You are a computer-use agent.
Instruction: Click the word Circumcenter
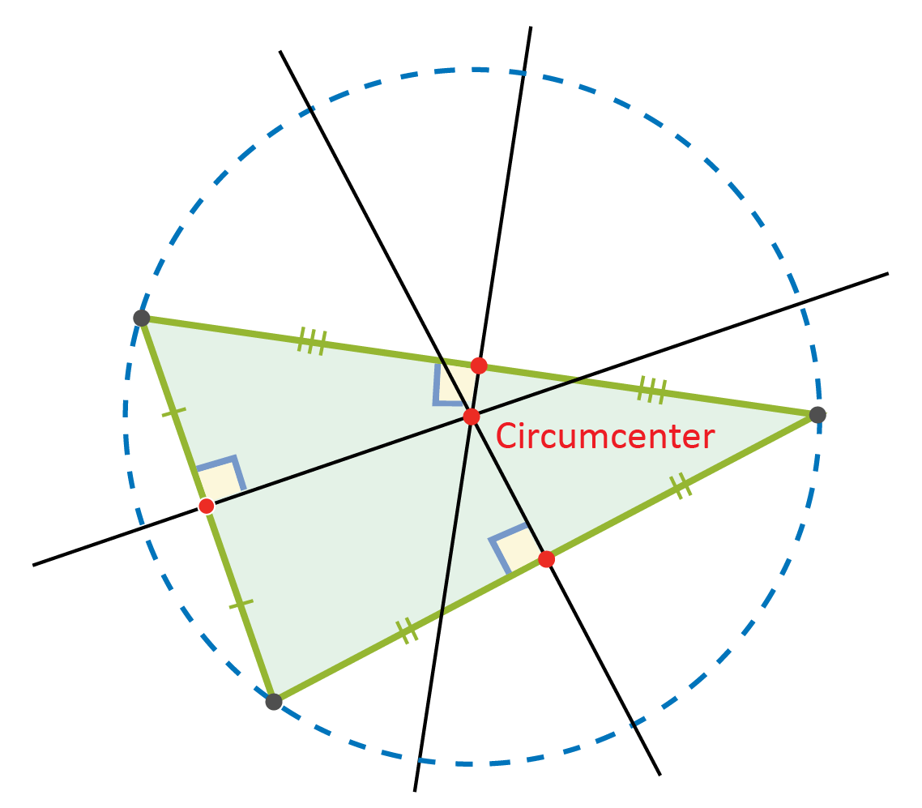(x=605, y=436)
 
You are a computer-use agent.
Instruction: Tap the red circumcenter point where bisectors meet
(x=472, y=417)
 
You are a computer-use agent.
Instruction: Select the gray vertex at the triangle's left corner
(x=142, y=318)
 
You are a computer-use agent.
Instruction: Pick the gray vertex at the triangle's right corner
(x=817, y=415)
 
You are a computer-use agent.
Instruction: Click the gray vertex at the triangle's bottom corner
(x=273, y=702)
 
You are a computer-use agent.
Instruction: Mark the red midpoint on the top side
(x=479, y=366)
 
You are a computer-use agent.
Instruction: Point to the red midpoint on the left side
(x=207, y=506)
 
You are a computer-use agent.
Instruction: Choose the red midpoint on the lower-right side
(x=546, y=558)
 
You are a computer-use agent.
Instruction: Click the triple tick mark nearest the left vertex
(x=312, y=341)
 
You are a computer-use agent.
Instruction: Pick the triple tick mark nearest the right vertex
(x=652, y=390)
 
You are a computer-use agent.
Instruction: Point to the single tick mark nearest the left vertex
(x=173, y=413)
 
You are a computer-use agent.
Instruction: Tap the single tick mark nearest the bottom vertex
(x=241, y=605)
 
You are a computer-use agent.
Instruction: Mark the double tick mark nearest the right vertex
(x=681, y=485)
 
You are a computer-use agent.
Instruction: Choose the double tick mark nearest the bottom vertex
(x=407, y=631)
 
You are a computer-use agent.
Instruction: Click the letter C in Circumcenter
(x=506, y=436)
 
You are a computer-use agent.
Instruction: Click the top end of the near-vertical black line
(x=531, y=27)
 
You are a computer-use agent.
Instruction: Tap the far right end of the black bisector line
(x=888, y=273)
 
